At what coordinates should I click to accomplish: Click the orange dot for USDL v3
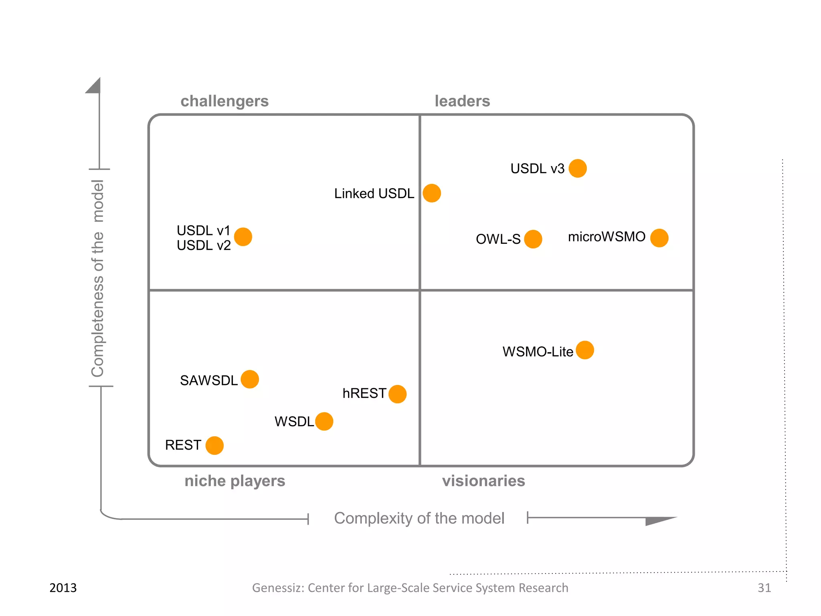point(577,168)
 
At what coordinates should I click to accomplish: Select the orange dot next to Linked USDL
point(432,193)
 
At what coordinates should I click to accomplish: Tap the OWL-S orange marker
point(533,239)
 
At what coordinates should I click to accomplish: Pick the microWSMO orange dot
point(659,238)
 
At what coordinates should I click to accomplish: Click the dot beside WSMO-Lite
point(584,350)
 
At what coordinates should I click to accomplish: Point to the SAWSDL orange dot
point(250,379)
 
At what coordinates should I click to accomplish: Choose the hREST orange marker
point(397,394)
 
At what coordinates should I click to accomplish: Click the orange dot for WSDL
point(324,421)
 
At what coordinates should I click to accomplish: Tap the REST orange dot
point(214,445)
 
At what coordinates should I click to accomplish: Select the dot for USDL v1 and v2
point(243,237)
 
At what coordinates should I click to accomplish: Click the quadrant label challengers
point(224,101)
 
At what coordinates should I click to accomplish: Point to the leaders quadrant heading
point(462,101)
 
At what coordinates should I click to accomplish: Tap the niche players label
point(235,481)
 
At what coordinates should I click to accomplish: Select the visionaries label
point(483,481)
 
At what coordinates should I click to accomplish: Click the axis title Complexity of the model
point(419,518)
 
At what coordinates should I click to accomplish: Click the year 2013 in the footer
point(63,588)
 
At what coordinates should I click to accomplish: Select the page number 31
point(764,588)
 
